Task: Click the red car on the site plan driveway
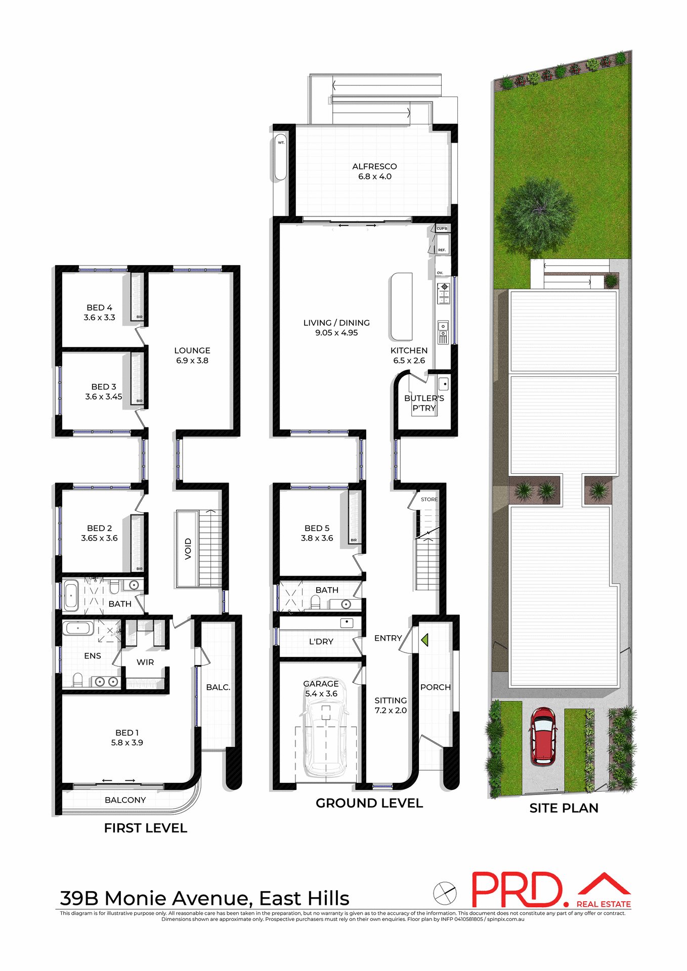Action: click(x=543, y=736)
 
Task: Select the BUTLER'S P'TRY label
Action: click(x=424, y=403)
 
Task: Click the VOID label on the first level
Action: click(x=188, y=549)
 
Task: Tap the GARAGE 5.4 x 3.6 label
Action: click(x=321, y=689)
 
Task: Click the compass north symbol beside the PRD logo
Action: click(x=445, y=893)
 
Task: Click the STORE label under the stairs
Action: click(x=429, y=499)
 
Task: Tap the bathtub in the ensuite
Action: click(x=78, y=628)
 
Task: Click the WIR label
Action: click(x=145, y=662)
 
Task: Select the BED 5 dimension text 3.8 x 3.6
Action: click(x=317, y=538)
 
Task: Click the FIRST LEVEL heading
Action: click(x=146, y=828)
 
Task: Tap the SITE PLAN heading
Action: click(x=564, y=808)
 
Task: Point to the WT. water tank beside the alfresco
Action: click(x=281, y=157)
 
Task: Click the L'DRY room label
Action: click(x=321, y=641)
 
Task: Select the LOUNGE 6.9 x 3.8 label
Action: click(x=192, y=356)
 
